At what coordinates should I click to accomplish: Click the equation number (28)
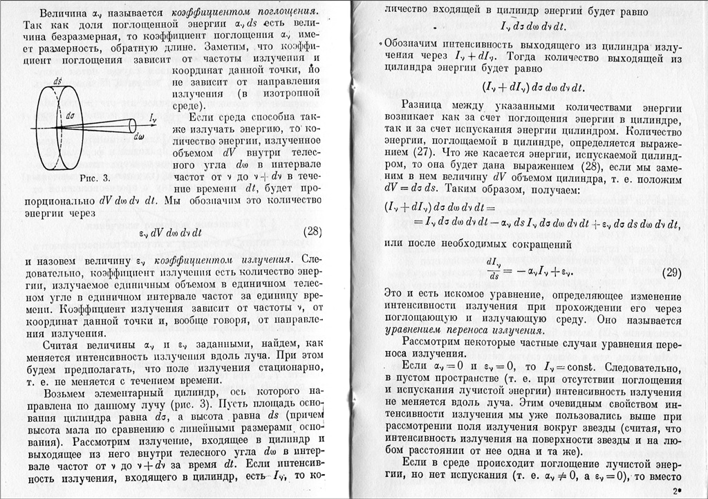[x=312, y=232]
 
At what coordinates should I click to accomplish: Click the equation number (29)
[x=671, y=272]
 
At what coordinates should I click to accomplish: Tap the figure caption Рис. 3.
[x=95, y=179]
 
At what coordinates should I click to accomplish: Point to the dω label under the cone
[x=140, y=136]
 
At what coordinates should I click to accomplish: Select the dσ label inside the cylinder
[x=70, y=116]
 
